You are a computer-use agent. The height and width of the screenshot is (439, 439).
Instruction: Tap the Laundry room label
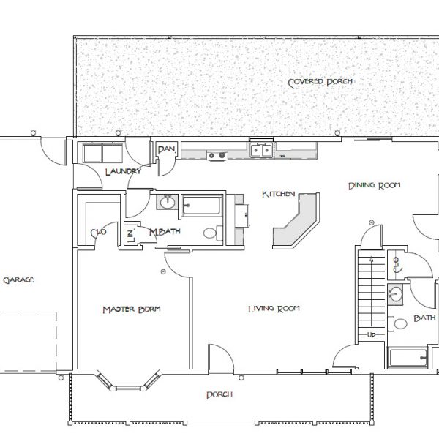click(122, 173)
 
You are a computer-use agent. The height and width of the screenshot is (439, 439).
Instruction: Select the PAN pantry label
click(166, 150)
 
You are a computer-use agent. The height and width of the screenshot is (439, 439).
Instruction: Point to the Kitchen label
click(278, 195)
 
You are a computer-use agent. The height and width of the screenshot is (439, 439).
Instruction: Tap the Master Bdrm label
click(131, 309)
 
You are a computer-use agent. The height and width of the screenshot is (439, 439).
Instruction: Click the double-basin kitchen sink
click(262, 151)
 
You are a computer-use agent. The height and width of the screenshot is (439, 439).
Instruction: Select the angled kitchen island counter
click(299, 223)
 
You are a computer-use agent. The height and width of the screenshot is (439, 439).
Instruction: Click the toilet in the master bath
click(210, 234)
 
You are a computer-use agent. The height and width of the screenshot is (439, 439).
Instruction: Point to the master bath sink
click(167, 203)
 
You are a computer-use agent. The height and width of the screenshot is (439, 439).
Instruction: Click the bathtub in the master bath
click(203, 206)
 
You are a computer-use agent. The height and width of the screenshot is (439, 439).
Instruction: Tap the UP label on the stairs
click(372, 334)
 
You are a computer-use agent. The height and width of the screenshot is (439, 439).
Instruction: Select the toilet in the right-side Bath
click(400, 323)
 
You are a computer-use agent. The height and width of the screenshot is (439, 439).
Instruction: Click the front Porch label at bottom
click(219, 395)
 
